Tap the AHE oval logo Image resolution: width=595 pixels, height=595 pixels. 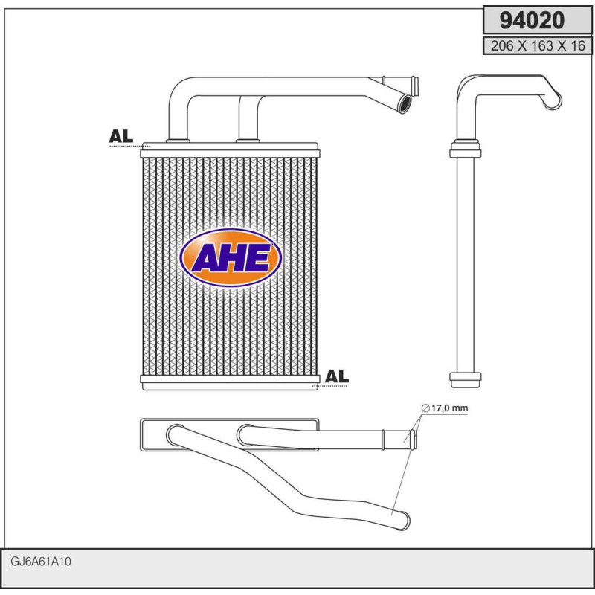231,258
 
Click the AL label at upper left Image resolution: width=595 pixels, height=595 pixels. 120,136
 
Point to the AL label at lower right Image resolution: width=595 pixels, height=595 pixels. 336,376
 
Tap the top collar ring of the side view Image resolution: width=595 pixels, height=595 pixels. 466,152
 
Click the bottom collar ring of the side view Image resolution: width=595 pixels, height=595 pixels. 466,379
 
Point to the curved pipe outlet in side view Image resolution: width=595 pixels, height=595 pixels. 553,100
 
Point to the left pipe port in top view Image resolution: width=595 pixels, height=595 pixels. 176,434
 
